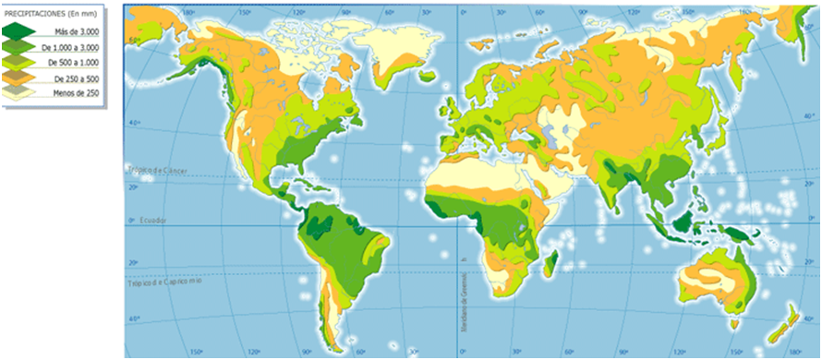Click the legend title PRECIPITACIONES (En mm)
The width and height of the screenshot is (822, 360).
pos(54,13)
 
